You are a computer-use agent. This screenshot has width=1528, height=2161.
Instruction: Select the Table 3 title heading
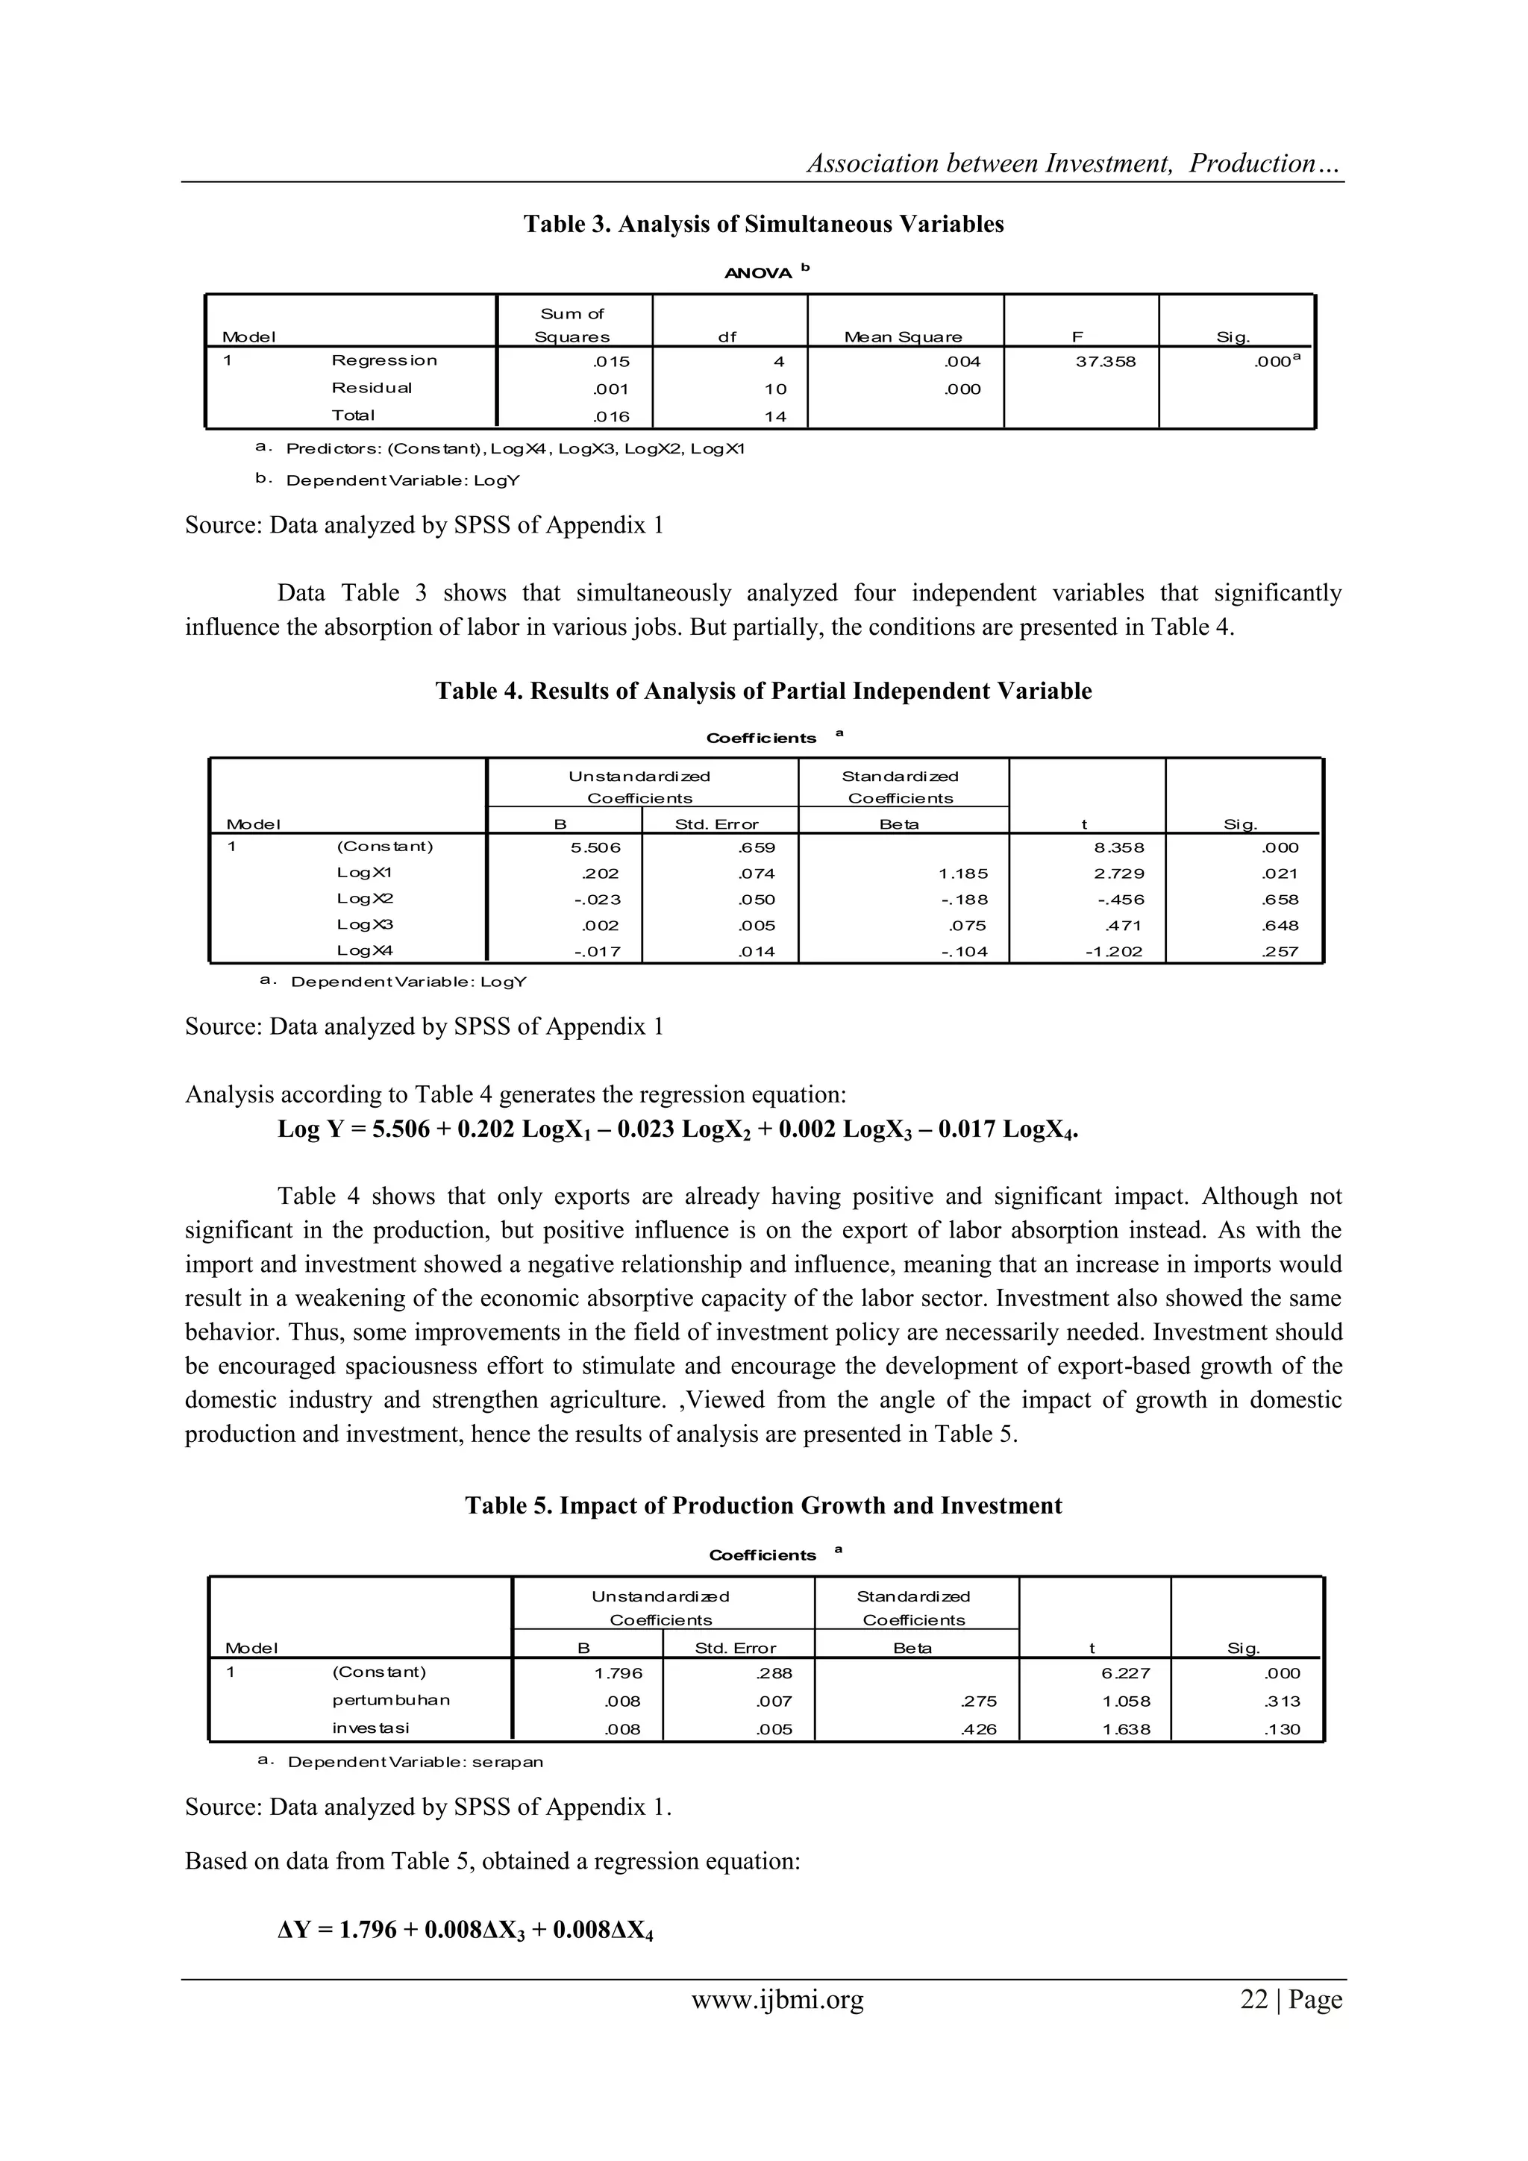tap(763, 224)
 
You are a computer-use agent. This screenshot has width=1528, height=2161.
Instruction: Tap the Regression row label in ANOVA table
tap(384, 360)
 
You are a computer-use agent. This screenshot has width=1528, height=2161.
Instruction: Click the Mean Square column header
tap(903, 337)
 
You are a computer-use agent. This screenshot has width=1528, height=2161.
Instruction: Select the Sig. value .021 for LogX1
tap(1280, 874)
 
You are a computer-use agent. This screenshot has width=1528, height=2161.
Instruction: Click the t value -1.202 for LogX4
tap(1113, 952)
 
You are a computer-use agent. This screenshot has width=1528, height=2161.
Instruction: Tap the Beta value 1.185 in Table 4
tap(963, 874)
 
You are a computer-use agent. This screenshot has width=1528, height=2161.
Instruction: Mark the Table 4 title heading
tap(763, 691)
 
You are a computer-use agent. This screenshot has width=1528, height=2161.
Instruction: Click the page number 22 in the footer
tap(1254, 1999)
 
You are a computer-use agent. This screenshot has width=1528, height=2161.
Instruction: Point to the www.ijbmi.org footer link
tap(777, 1999)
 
